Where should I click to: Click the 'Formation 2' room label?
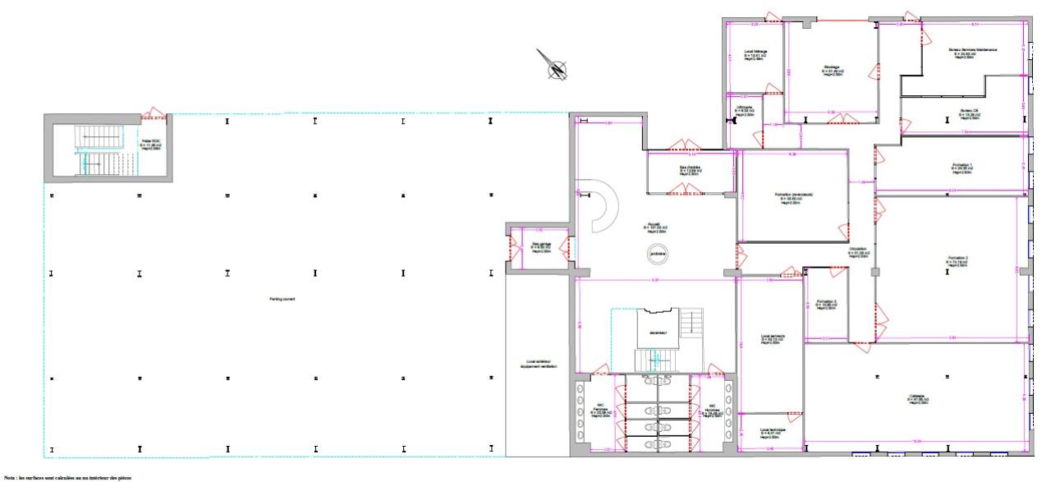(x=957, y=261)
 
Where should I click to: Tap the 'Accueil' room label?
(x=655, y=227)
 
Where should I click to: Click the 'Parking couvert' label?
(x=282, y=299)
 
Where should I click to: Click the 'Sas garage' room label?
(x=540, y=246)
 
